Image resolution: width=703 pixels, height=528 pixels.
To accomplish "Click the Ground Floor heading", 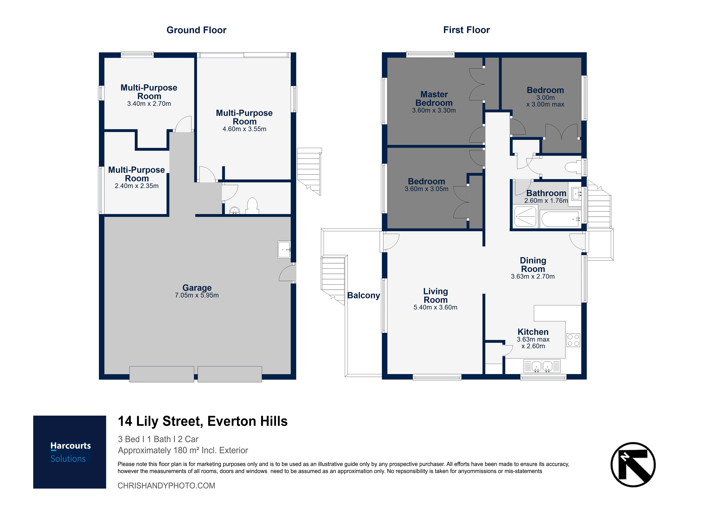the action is pyautogui.click(x=196, y=30).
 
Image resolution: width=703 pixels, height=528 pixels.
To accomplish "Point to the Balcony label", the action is pyautogui.click(x=364, y=295).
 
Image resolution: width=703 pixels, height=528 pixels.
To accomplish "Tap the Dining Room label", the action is pyautogui.click(x=533, y=265).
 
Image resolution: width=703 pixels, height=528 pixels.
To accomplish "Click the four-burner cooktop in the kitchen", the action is pyautogui.click(x=573, y=340).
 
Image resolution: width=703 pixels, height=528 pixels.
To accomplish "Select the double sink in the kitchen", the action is pyautogui.click(x=542, y=366).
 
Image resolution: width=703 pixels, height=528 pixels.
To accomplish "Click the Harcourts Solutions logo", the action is pyautogui.click(x=70, y=452).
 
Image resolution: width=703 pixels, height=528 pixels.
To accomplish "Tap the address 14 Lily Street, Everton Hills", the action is pyautogui.click(x=203, y=421).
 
